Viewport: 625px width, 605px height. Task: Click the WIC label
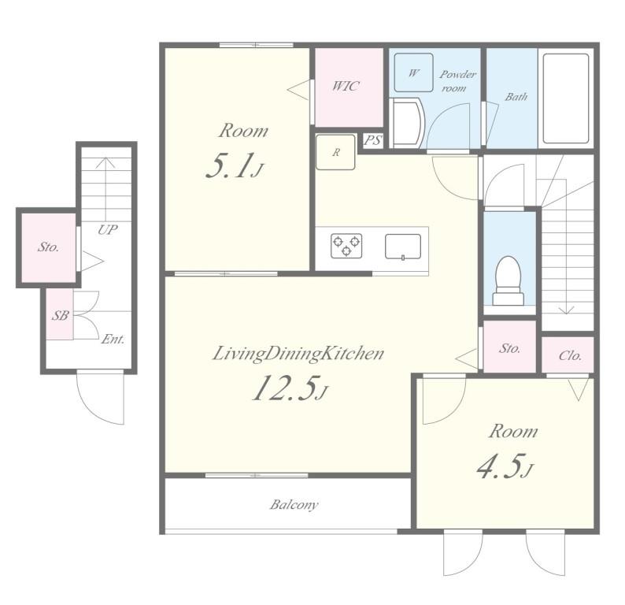(x=346, y=86)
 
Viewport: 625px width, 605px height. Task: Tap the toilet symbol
(x=508, y=280)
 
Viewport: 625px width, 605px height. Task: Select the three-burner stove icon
(x=346, y=245)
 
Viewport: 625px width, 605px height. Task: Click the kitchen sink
(x=403, y=247)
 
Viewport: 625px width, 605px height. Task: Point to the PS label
(x=373, y=140)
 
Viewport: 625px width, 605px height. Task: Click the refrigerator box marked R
(x=335, y=152)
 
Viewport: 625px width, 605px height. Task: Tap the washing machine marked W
(x=413, y=72)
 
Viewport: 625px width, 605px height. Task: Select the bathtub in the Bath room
(x=566, y=98)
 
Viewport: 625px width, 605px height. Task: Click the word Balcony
(x=294, y=505)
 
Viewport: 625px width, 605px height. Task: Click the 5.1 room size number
(x=235, y=166)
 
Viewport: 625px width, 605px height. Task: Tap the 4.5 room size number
(x=505, y=466)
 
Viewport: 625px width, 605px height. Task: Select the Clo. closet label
(x=570, y=355)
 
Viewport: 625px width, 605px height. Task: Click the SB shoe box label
(x=60, y=315)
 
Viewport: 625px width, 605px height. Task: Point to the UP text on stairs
(x=108, y=230)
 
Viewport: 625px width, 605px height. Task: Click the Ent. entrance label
(x=113, y=340)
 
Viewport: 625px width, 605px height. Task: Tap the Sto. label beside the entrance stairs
(x=48, y=247)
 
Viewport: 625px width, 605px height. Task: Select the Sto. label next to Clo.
(x=510, y=348)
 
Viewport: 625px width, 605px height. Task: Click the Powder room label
(x=457, y=81)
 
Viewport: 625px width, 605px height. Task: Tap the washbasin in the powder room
(x=407, y=123)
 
